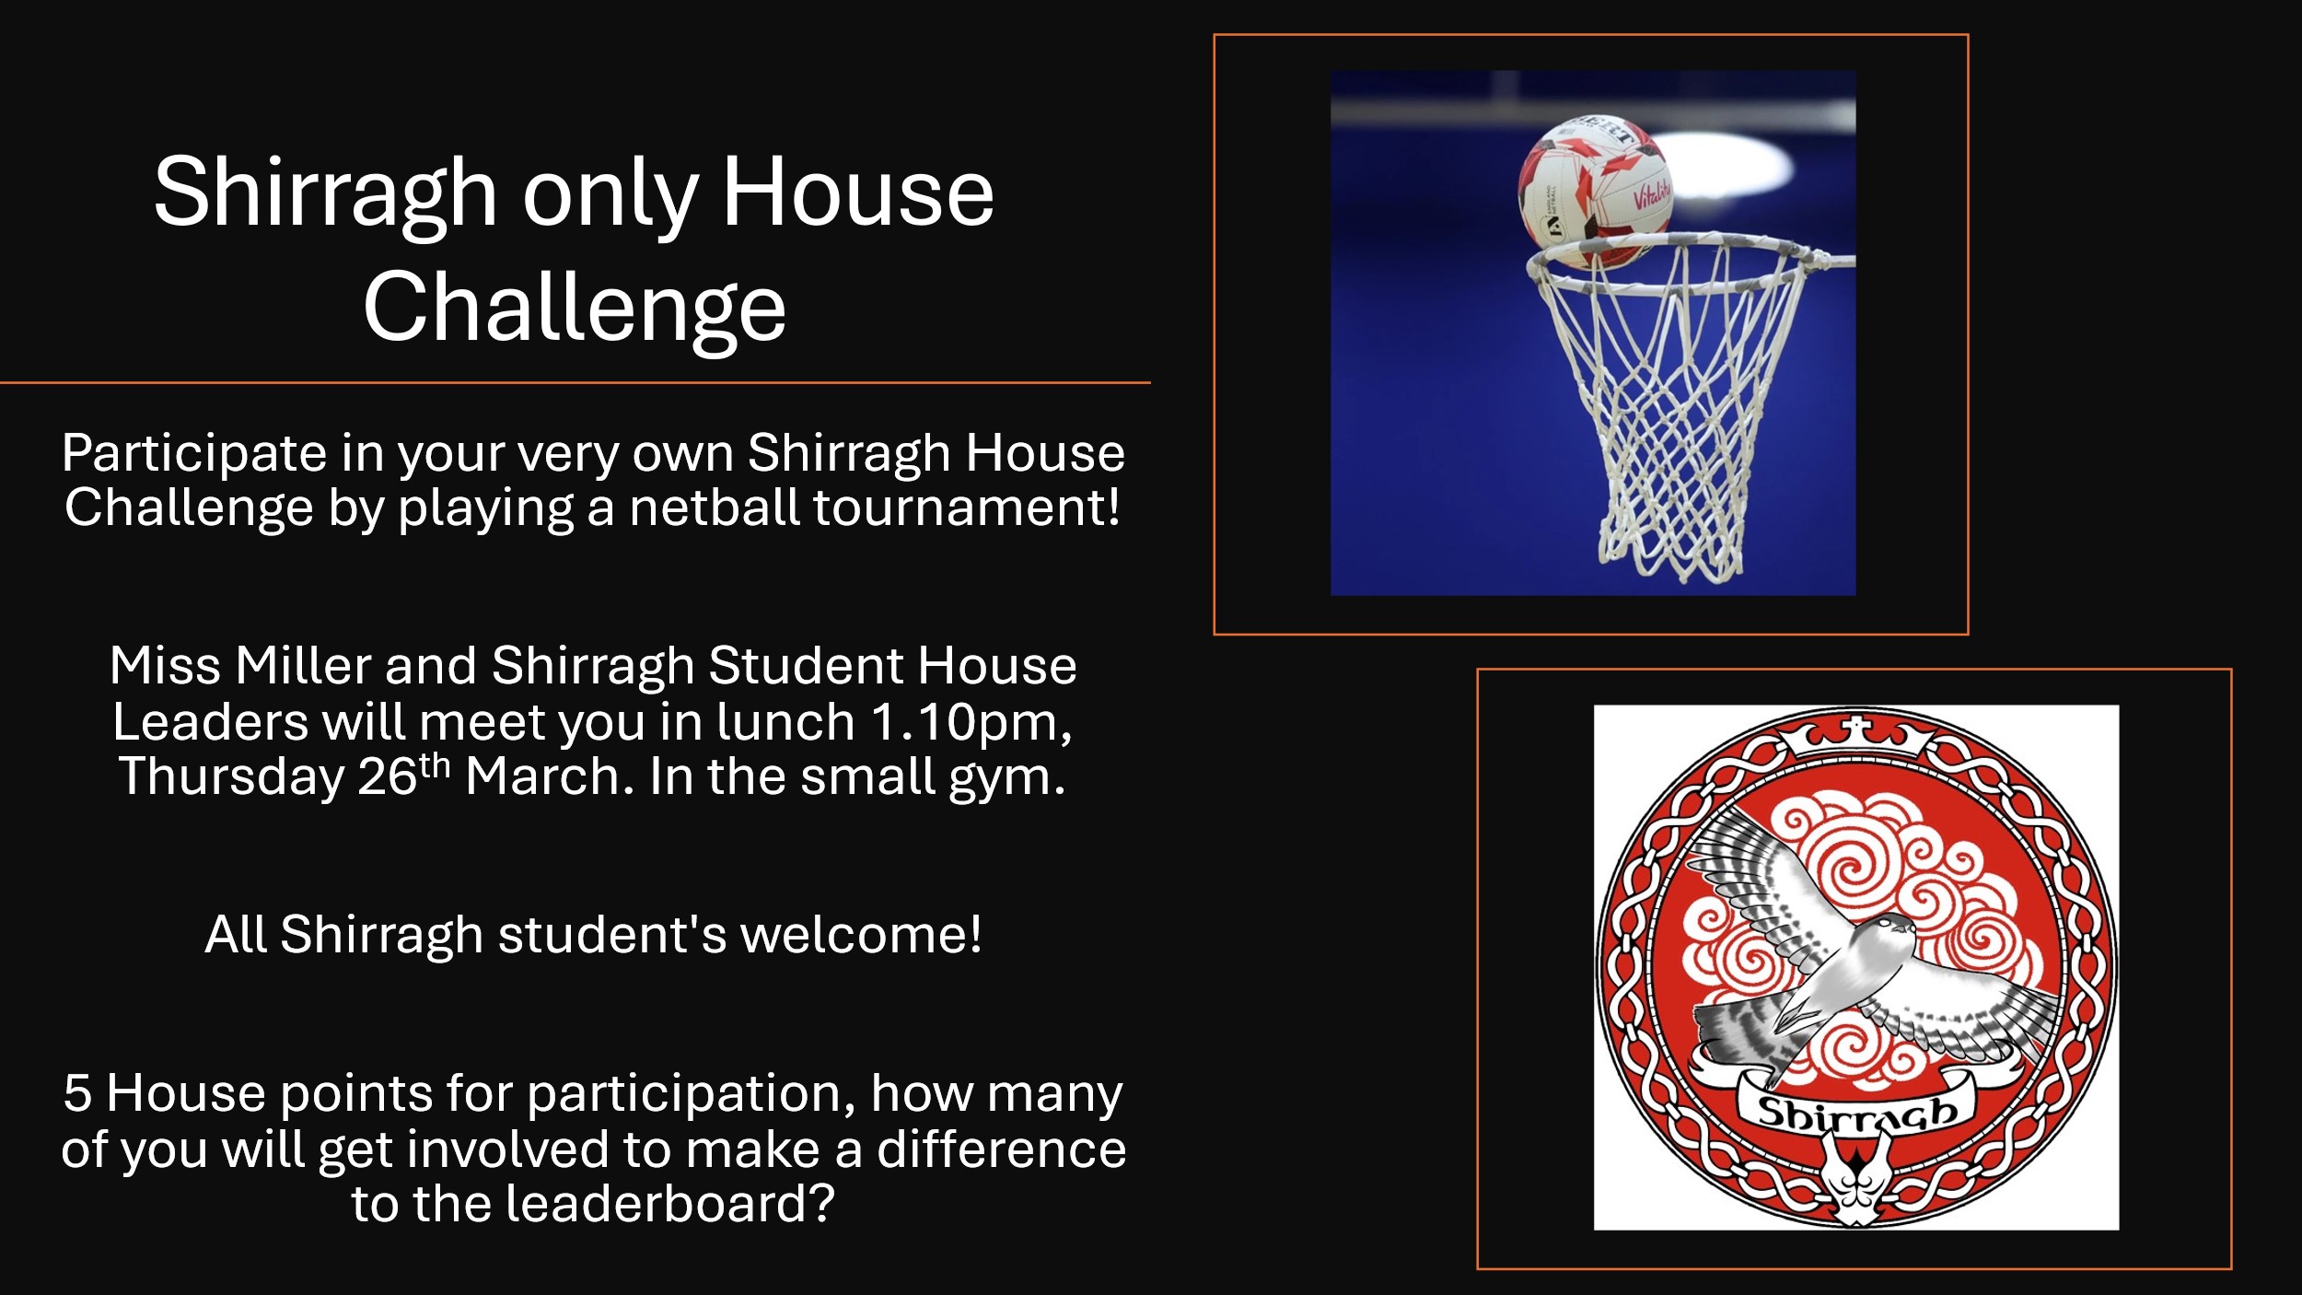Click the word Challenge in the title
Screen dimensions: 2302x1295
click(x=575, y=308)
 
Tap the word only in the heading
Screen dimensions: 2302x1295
click(x=610, y=195)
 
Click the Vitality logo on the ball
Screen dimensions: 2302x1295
click(x=1652, y=193)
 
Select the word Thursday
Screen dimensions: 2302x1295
click(x=231, y=776)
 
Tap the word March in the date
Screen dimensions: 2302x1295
click(x=549, y=776)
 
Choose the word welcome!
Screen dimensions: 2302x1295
click(x=861, y=935)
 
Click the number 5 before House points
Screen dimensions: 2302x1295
click(x=77, y=1094)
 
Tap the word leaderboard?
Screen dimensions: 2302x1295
click(x=669, y=1205)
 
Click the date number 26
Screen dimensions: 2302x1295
click(x=388, y=776)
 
